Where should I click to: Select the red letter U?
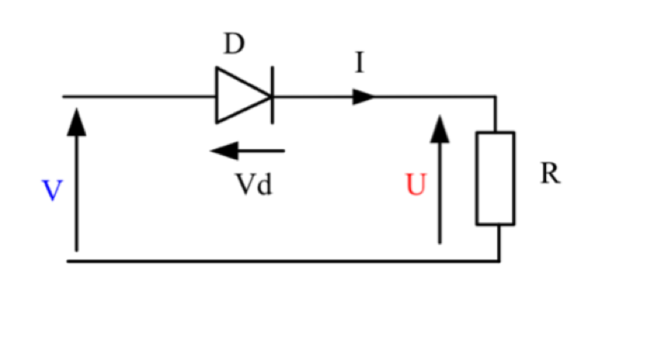pyautogui.click(x=415, y=185)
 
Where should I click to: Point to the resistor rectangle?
pyautogui.click(x=495, y=177)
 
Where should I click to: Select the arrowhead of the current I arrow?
pyautogui.click(x=364, y=97)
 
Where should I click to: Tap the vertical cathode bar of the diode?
pyautogui.click(x=272, y=96)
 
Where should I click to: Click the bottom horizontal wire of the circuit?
pyautogui.click(x=283, y=261)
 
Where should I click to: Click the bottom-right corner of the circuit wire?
pyautogui.click(x=499, y=261)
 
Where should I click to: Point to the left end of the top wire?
pyautogui.click(x=64, y=97)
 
